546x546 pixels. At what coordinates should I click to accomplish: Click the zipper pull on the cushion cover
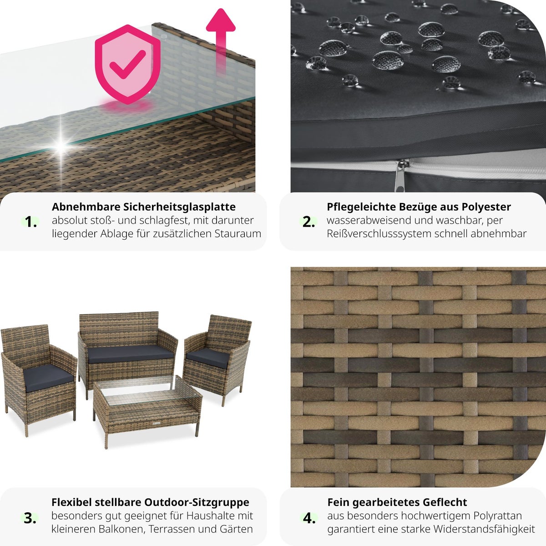pyautogui.click(x=400, y=176)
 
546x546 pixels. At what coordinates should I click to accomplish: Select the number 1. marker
pyautogui.click(x=30, y=222)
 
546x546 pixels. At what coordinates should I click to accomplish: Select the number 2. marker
pyautogui.click(x=308, y=222)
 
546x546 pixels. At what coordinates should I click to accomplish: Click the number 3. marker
pyautogui.click(x=30, y=518)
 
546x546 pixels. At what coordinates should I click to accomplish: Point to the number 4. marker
pyautogui.click(x=309, y=518)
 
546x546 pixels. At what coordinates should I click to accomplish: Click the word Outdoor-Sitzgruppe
pyautogui.click(x=197, y=502)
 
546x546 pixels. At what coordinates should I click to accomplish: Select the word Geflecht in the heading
pyautogui.click(x=445, y=502)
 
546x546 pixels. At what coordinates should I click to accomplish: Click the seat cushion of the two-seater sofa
pyautogui.click(x=130, y=354)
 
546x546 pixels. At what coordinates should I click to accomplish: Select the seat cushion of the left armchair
pyautogui.click(x=48, y=377)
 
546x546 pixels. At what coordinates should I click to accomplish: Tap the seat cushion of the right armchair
pyautogui.click(x=208, y=358)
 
